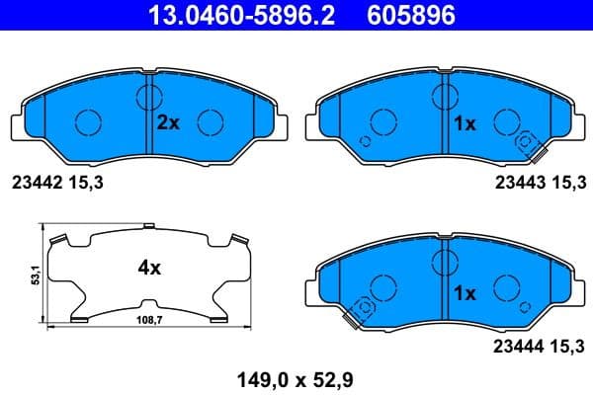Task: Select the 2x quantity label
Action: [x=168, y=123]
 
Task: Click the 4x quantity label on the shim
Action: [x=149, y=268]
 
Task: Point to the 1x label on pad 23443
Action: [x=464, y=123]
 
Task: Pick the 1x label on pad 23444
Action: [x=464, y=293]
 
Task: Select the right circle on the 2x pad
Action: [x=211, y=122]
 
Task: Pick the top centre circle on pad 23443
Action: [x=445, y=95]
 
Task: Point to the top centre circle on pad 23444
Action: [x=445, y=263]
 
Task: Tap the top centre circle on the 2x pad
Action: [x=149, y=96]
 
